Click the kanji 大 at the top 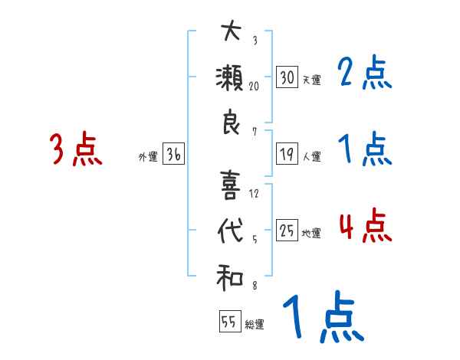[230, 33]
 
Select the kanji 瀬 [230, 79]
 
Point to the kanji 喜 [230, 185]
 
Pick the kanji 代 [230, 231]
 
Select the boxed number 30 [287, 77]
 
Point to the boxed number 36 [173, 155]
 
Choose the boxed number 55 [229, 322]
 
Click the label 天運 [311, 80]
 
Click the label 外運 [148, 157]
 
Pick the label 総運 [255, 325]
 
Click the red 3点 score [74, 150]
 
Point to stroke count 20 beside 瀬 [253, 86]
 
